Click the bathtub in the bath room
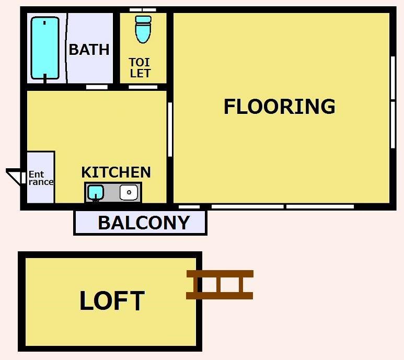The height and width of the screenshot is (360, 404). pyautogui.click(x=45, y=48)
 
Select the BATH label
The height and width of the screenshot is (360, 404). pyautogui.click(x=89, y=50)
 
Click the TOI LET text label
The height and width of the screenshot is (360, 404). pyautogui.click(x=140, y=68)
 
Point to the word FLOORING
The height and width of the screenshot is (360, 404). pyautogui.click(x=280, y=107)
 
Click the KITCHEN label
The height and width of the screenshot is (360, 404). pyautogui.click(x=116, y=172)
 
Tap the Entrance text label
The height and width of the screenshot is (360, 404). pyautogui.click(x=41, y=178)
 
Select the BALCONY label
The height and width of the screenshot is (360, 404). pyautogui.click(x=144, y=223)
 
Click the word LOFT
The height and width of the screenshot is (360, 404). pyautogui.click(x=112, y=300)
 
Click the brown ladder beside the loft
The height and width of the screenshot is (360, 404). pyautogui.click(x=220, y=285)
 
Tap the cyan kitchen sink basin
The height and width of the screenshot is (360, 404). pyautogui.click(x=96, y=192)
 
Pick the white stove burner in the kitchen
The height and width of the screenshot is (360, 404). pyautogui.click(x=129, y=192)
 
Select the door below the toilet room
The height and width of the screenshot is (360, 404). pyautogui.click(x=143, y=87)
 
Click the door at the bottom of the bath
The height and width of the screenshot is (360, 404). pyautogui.click(x=97, y=87)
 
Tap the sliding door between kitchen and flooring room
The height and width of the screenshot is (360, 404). pyautogui.click(x=170, y=130)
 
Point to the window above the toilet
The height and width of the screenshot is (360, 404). pyautogui.click(x=143, y=10)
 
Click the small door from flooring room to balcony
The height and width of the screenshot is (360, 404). pyautogui.click(x=189, y=207)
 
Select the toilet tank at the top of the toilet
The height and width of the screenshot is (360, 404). pyautogui.click(x=143, y=19)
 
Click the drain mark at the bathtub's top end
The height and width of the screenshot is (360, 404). pyautogui.click(x=44, y=22)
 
